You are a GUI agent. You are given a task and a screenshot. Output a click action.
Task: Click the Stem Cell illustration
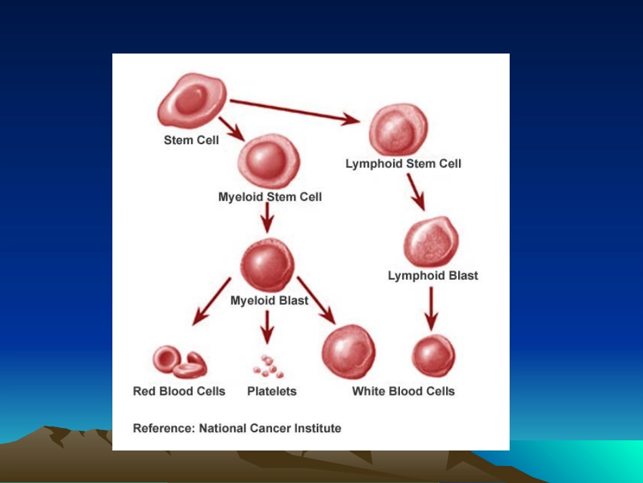(192, 100)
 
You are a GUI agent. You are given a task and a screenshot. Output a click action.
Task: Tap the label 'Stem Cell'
(191, 140)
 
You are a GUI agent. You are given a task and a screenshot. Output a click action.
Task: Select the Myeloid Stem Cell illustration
(269, 161)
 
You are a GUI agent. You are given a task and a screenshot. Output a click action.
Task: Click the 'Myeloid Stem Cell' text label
(270, 197)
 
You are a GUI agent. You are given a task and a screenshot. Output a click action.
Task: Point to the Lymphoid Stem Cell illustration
(398, 129)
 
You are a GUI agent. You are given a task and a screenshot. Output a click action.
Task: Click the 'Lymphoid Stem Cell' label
(403, 164)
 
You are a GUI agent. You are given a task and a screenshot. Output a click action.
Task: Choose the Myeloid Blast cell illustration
(267, 265)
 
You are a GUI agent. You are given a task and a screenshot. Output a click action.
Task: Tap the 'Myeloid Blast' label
(269, 301)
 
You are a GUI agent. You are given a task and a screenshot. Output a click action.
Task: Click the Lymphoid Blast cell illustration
(431, 242)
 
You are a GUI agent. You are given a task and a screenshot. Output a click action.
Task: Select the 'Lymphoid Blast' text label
(433, 276)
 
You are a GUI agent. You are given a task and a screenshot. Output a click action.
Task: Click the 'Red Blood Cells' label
(179, 392)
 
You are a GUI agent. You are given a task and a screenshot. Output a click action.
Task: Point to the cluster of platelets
(268, 366)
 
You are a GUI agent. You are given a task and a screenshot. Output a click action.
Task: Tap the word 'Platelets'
(272, 392)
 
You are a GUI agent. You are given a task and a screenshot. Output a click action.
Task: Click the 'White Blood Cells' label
(403, 392)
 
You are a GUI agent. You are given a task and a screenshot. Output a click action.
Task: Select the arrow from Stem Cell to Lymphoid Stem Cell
(295, 110)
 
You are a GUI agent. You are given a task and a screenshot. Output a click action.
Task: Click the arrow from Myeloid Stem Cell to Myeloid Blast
(267, 217)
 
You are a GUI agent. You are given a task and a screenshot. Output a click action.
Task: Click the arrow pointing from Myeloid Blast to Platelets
(267, 327)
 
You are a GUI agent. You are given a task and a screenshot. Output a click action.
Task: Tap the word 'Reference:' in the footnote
(164, 428)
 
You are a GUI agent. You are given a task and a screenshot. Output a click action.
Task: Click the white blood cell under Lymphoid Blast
(433, 356)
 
